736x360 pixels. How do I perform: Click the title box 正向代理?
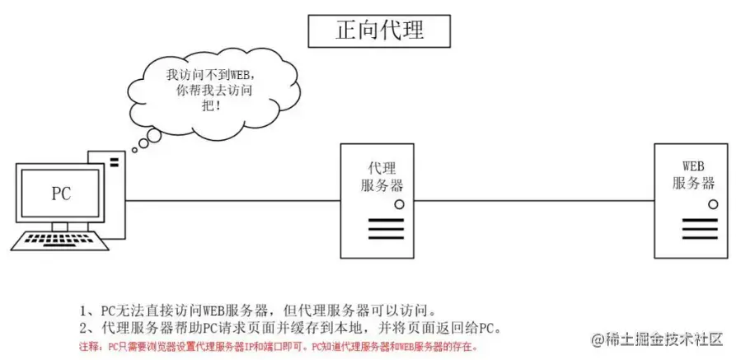379,30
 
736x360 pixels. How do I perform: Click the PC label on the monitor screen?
61,194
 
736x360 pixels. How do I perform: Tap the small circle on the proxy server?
398,203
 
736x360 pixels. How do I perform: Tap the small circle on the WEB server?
710,203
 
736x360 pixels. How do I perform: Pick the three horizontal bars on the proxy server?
382,228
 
